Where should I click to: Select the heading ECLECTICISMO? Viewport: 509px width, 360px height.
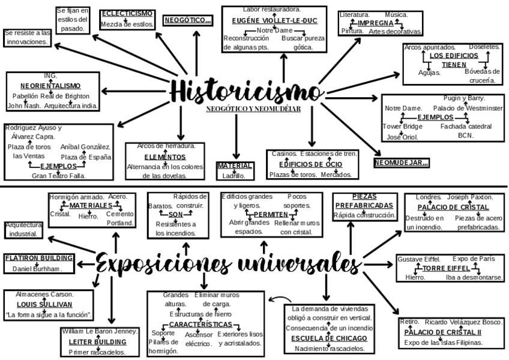126,13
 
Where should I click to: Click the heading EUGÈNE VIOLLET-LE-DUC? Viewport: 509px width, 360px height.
274,20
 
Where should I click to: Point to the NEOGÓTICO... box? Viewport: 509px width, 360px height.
188,20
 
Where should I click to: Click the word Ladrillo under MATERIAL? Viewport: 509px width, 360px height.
234,176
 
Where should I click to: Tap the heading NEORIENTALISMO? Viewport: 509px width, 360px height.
50,86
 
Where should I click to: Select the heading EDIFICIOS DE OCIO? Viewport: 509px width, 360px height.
310,164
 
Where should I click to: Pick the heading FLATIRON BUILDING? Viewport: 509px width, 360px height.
39,258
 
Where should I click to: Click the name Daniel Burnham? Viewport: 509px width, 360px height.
37,269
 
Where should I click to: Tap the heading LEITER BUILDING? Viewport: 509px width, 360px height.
97,341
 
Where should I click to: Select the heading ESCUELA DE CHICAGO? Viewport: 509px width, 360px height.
330,338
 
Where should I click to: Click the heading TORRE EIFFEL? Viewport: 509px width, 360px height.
446,268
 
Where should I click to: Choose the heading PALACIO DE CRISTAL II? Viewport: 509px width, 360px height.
442,332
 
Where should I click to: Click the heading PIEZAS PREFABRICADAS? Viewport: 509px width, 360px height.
364,201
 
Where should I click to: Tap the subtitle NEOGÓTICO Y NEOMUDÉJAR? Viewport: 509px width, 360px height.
253,109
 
